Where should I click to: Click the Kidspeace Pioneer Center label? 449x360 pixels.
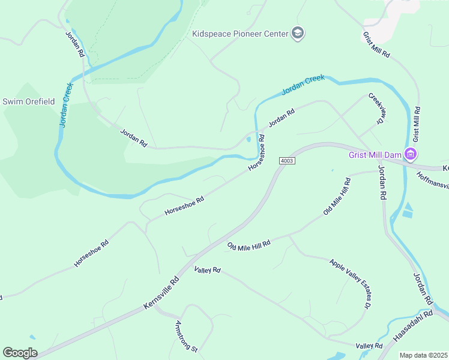click(x=240, y=34)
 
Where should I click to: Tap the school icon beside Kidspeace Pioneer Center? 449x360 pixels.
click(x=298, y=34)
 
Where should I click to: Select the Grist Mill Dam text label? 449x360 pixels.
click(x=375, y=155)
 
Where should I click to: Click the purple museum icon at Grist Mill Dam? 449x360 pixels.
click(x=411, y=155)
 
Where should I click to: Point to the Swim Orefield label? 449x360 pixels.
click(x=29, y=101)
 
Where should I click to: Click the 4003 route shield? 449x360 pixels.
click(x=288, y=161)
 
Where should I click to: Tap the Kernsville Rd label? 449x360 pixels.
click(x=161, y=293)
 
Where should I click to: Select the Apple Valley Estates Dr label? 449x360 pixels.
click(x=349, y=284)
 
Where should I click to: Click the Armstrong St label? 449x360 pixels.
click(x=186, y=336)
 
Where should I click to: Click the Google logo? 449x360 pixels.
click(x=20, y=353)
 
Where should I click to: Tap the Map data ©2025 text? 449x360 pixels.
click(x=423, y=355)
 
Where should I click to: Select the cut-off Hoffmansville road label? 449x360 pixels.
click(x=432, y=181)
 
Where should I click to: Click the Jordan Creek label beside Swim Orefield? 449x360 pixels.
click(x=65, y=105)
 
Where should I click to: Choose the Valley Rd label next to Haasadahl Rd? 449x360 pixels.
click(x=369, y=346)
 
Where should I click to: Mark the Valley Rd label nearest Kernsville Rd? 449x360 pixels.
click(x=208, y=271)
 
